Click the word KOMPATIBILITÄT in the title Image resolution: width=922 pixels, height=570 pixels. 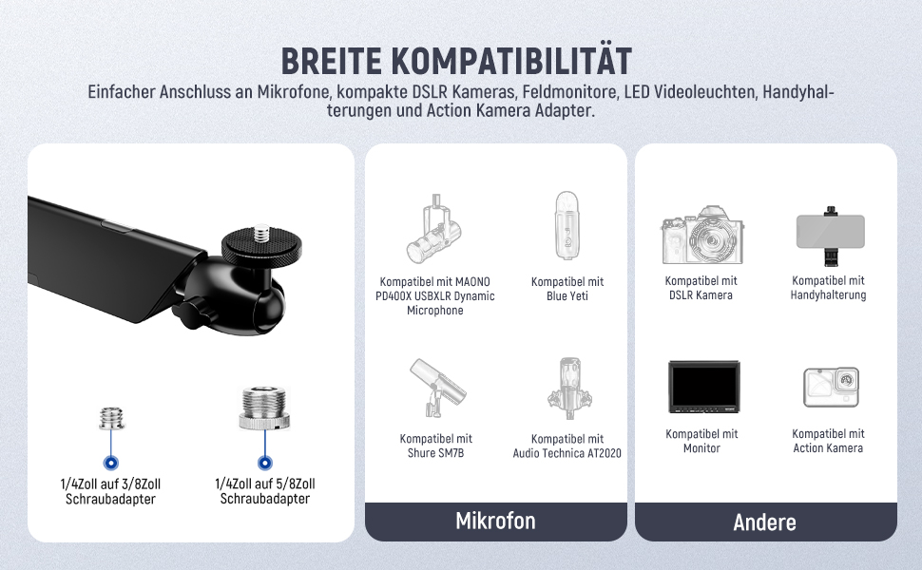(511, 60)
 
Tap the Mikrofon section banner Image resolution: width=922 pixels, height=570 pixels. (495, 522)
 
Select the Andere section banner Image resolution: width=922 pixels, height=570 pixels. (765, 522)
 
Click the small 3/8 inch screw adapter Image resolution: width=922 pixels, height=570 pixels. (111, 418)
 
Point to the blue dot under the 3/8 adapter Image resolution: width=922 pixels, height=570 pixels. (110, 463)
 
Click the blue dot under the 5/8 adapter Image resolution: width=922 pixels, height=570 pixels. (265, 463)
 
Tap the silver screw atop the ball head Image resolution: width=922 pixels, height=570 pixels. (262, 233)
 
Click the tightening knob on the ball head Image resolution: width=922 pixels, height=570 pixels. (190, 313)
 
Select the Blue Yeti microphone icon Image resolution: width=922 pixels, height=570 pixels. (567, 225)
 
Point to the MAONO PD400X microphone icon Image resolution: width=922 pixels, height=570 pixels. (434, 229)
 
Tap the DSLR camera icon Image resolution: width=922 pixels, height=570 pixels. (702, 235)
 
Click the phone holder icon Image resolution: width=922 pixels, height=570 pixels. (830, 234)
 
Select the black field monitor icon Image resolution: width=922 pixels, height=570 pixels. (703, 387)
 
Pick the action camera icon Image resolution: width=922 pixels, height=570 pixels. (831, 387)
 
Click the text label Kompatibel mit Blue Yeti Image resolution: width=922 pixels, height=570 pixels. (567, 289)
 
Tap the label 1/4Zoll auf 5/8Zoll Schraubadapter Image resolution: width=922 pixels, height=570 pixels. (264, 491)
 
